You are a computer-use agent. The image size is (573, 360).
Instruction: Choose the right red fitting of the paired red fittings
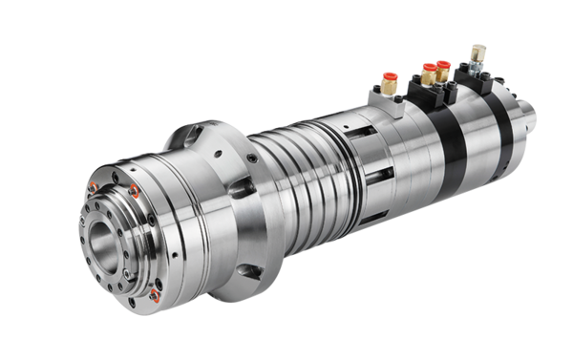pyautogui.click(x=443, y=66)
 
